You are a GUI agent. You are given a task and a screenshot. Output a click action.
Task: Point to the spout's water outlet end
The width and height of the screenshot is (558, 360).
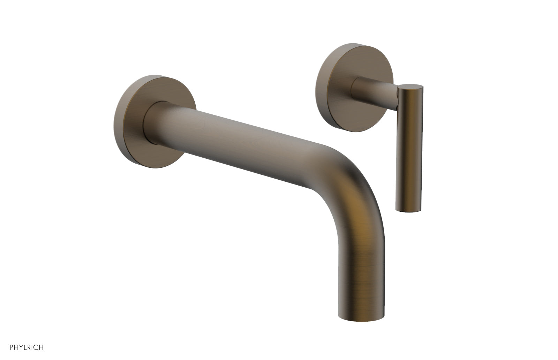(x=361, y=314)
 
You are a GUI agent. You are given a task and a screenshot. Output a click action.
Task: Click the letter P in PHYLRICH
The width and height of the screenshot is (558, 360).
(x=12, y=347)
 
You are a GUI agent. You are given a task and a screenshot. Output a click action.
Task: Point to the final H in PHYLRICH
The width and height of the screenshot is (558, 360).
(x=41, y=347)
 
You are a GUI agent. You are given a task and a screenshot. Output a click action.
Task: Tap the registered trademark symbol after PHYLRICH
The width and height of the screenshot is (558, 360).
(x=44, y=345)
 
